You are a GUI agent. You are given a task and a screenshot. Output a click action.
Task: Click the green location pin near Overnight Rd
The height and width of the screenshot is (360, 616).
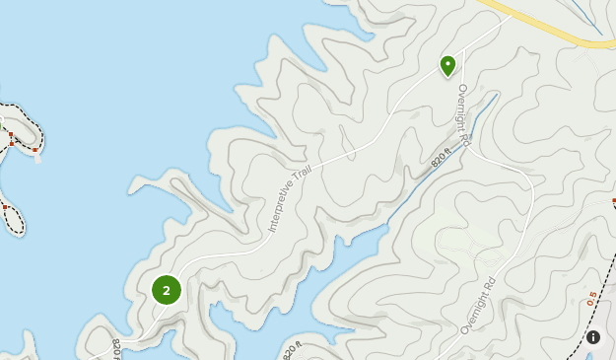447,65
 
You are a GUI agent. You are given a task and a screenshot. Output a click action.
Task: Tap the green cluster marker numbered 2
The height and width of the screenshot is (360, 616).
167,290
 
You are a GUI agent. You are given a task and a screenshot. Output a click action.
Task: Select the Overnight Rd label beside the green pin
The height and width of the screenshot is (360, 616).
463,116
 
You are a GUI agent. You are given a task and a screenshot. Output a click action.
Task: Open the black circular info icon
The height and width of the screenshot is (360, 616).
593,337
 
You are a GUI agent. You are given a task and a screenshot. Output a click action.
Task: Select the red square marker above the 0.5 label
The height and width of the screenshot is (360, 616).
613,200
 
